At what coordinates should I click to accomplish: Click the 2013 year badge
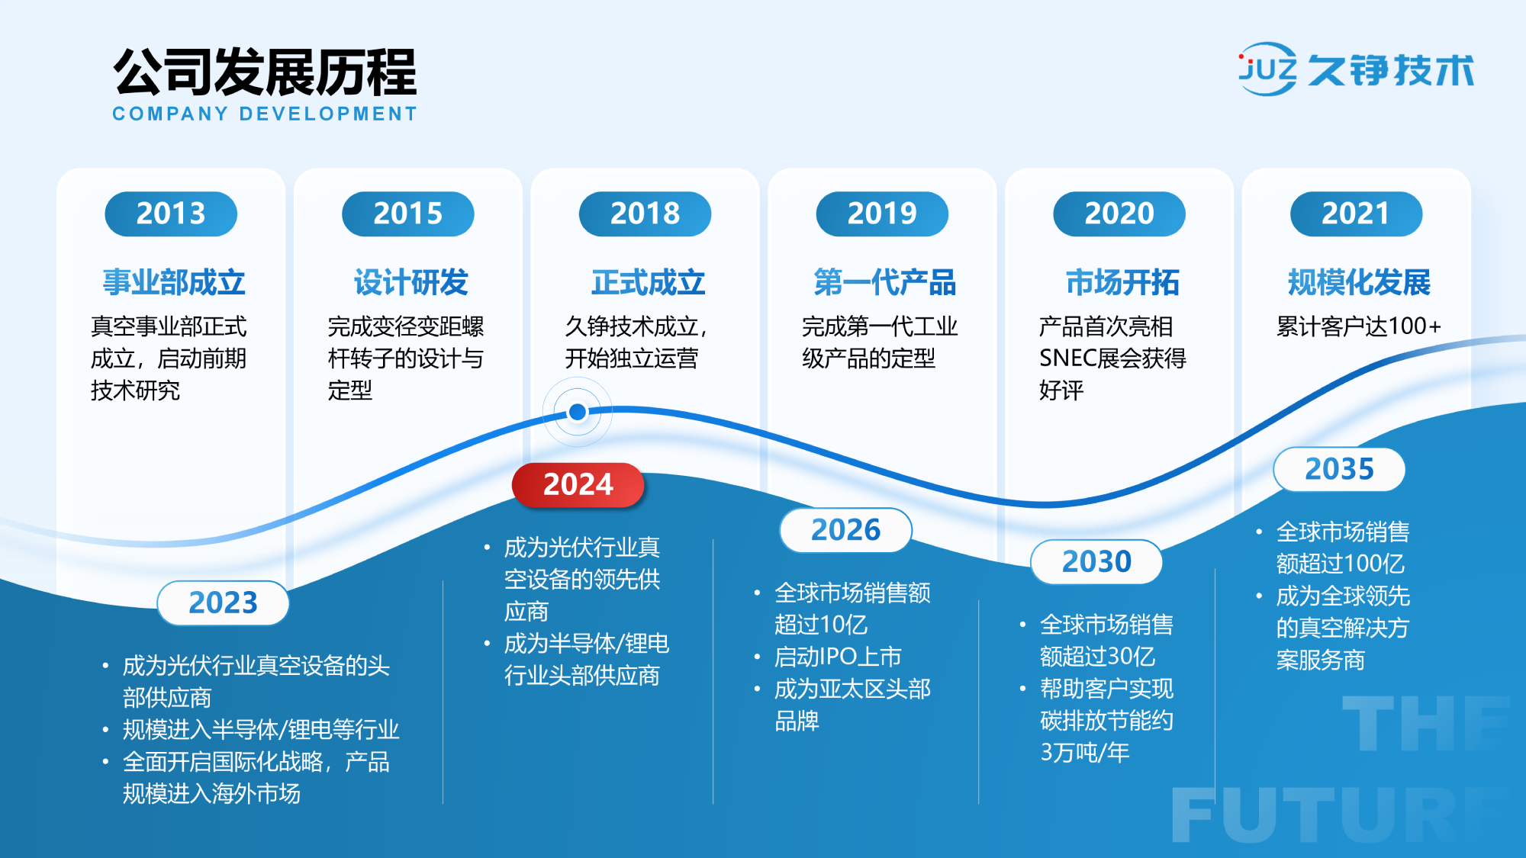171,214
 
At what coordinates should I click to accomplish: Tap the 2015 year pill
408,214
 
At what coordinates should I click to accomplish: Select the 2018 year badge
645,214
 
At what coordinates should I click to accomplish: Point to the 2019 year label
882,214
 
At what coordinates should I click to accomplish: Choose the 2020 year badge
1119,214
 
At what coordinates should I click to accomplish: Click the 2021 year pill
1356,214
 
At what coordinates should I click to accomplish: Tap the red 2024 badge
578,485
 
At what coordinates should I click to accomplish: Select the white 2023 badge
223,603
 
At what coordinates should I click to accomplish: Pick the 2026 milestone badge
845,530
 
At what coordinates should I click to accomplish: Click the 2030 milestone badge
1096,562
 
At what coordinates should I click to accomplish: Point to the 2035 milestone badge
1339,469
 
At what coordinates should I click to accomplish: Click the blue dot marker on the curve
578,412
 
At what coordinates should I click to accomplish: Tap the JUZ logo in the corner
1267,69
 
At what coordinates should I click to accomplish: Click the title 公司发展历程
265,72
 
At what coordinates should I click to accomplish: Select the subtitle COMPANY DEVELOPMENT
265,114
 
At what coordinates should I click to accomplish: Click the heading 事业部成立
174,283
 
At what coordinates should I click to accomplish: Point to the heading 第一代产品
885,283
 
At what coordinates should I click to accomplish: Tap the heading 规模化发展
1359,283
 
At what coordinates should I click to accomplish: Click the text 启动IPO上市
838,657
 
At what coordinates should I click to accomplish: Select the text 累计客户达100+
1359,326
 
